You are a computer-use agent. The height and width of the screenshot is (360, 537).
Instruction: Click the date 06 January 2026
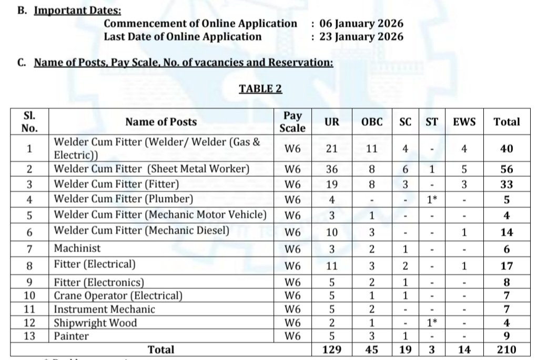click(x=361, y=24)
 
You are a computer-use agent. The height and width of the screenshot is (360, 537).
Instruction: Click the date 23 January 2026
click(x=361, y=37)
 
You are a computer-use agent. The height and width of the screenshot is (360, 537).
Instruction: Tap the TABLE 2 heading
click(x=260, y=89)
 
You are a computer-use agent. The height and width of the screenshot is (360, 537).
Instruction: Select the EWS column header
click(x=464, y=122)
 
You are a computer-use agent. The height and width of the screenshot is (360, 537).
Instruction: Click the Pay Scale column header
click(x=292, y=122)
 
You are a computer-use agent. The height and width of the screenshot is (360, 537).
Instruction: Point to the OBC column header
click(x=372, y=122)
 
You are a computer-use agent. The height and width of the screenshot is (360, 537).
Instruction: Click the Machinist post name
click(x=77, y=248)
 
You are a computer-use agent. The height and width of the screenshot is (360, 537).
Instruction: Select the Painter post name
click(x=72, y=336)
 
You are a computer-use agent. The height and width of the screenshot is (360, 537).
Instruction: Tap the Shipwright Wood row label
click(x=95, y=323)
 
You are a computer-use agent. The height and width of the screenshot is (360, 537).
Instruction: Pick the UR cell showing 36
click(x=331, y=169)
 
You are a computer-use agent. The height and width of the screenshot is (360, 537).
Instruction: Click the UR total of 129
click(x=331, y=349)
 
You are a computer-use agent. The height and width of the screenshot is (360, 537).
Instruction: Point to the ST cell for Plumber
click(x=432, y=199)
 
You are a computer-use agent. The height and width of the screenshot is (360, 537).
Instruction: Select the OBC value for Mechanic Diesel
click(x=372, y=232)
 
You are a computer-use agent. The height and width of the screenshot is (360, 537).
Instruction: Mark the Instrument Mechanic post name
click(x=105, y=309)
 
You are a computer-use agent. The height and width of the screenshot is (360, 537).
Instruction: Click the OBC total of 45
click(x=372, y=349)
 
